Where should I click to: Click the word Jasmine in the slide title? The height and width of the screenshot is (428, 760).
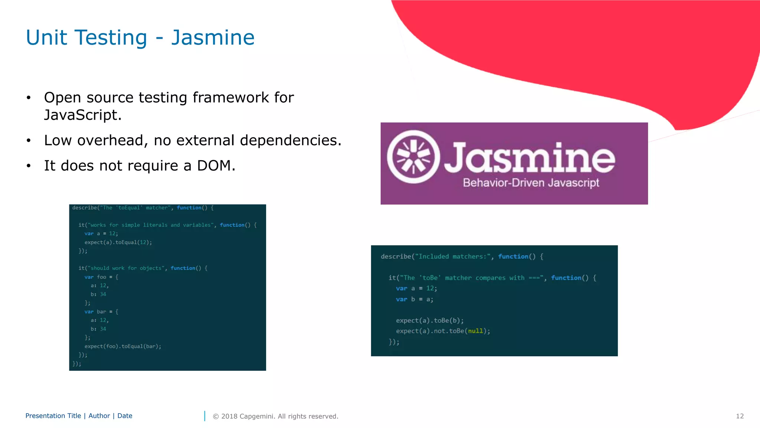click(x=213, y=38)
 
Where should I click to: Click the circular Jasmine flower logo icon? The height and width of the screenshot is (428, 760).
click(x=413, y=157)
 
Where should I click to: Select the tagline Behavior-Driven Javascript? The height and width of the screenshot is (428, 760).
click(x=531, y=183)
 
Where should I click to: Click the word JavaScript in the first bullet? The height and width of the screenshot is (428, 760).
click(x=82, y=115)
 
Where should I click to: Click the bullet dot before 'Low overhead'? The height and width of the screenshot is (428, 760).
click(x=29, y=141)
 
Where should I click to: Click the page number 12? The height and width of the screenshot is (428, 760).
click(x=740, y=416)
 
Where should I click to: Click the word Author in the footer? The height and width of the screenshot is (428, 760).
click(x=99, y=416)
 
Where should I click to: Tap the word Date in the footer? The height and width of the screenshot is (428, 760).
click(x=125, y=416)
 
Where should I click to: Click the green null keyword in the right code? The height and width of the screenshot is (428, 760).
click(x=475, y=331)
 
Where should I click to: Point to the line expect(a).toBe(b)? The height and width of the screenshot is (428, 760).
click(x=429, y=320)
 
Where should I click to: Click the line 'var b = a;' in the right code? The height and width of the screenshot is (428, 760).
click(x=414, y=299)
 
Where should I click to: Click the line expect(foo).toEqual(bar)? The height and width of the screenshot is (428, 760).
click(x=122, y=346)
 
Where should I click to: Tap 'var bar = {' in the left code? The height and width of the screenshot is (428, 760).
click(x=101, y=312)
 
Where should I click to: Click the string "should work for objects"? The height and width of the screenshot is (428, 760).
click(x=126, y=268)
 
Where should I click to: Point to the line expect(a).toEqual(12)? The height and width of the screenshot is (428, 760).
click(x=118, y=242)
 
